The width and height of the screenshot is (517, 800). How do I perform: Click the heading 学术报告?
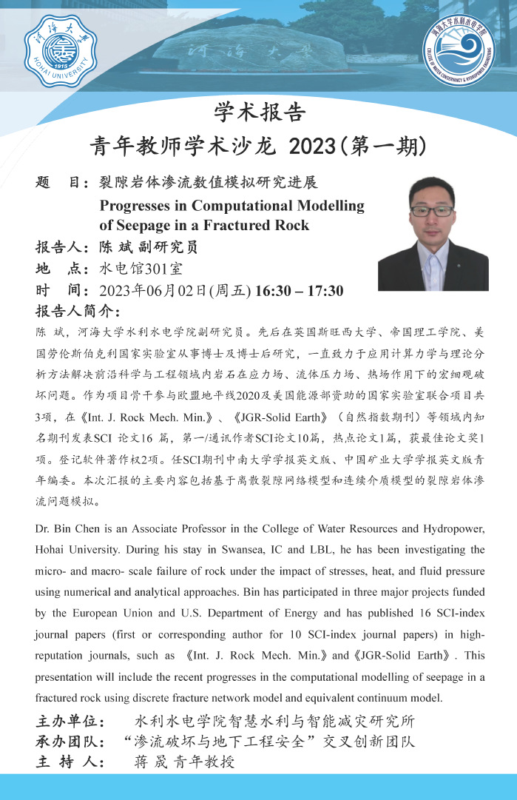[259, 112]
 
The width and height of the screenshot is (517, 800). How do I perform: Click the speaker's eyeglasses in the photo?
[432, 211]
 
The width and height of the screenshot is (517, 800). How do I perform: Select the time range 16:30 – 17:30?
[299, 290]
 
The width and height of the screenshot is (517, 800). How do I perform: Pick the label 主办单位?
[71, 721]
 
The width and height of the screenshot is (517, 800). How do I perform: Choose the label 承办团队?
[71, 741]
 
